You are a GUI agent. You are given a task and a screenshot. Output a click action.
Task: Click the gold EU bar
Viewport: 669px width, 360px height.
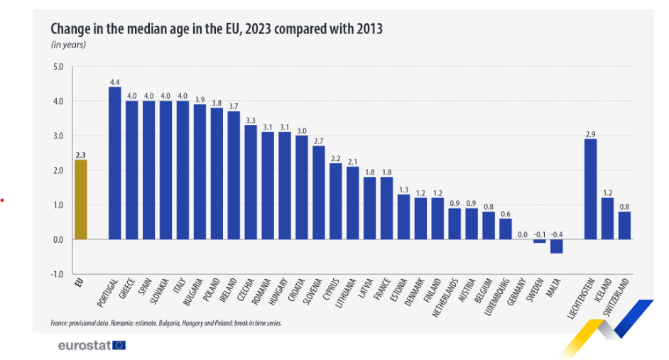(80, 200)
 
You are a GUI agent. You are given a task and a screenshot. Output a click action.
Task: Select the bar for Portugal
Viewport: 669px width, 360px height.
(114, 163)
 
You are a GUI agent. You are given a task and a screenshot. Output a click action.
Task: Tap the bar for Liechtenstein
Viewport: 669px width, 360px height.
(590, 189)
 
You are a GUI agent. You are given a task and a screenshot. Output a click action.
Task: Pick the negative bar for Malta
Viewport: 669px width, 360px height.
(556, 246)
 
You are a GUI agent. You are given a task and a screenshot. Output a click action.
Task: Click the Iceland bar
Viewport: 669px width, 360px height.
(607, 219)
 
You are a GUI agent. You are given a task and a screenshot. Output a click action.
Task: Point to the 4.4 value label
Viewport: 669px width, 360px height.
(114, 81)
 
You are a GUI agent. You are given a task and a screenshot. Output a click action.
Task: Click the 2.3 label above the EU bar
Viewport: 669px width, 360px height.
(80, 153)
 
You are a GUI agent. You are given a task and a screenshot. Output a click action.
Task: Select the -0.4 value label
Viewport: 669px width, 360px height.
(556, 234)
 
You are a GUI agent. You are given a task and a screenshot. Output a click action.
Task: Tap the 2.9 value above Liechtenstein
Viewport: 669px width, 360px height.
(590, 133)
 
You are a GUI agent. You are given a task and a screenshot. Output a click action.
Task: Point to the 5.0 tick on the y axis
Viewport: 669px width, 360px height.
(58, 67)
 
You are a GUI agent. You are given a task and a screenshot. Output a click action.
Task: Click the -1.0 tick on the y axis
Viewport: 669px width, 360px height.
(58, 274)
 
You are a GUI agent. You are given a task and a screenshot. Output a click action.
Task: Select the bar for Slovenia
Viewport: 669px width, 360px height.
(318, 192)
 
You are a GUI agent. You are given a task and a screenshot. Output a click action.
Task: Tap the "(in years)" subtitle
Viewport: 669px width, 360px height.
(68, 45)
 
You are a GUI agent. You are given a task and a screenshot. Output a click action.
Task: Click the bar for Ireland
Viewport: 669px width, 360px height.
(234, 175)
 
